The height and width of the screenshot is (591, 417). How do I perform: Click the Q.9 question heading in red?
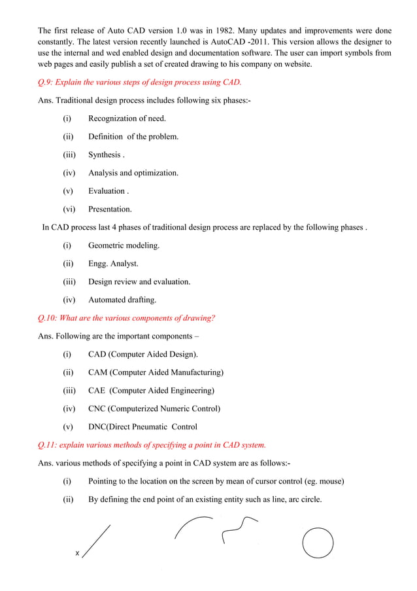(x=140, y=82)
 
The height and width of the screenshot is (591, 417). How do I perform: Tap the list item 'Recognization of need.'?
(x=127, y=118)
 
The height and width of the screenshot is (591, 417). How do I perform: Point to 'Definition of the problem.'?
(x=133, y=137)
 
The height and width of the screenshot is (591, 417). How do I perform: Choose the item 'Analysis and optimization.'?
(x=133, y=173)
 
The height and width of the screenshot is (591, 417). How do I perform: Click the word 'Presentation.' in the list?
(x=110, y=209)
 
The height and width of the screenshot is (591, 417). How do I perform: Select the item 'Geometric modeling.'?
(x=124, y=245)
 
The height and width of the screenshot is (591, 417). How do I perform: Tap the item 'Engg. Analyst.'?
(x=113, y=264)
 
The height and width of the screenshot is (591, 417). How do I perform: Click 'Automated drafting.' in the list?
(x=122, y=300)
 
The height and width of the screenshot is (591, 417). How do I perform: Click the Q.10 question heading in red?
(x=127, y=318)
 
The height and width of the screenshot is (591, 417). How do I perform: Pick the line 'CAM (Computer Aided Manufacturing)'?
(x=156, y=372)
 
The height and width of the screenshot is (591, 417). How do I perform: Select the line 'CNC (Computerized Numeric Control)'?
(x=154, y=408)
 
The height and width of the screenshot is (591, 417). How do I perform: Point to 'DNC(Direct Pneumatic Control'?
(x=142, y=427)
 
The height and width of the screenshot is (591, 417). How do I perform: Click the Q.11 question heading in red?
(x=152, y=445)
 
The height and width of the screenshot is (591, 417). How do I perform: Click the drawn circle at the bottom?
(x=318, y=543)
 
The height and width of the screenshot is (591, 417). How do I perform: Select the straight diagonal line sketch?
(x=97, y=541)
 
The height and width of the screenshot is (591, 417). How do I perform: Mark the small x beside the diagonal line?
(x=77, y=554)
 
